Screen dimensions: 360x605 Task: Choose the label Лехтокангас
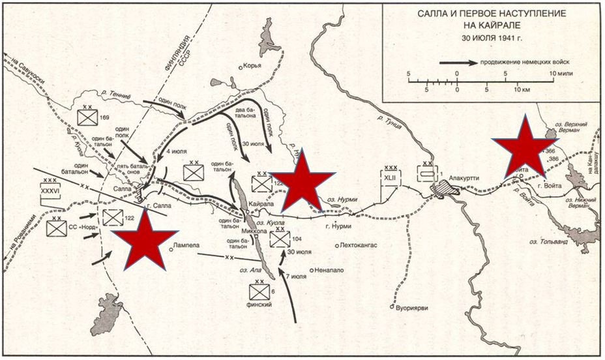point(359,246)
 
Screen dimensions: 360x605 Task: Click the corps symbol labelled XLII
point(391,176)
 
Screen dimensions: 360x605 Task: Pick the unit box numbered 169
point(87,117)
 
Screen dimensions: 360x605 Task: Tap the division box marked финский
point(259,292)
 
